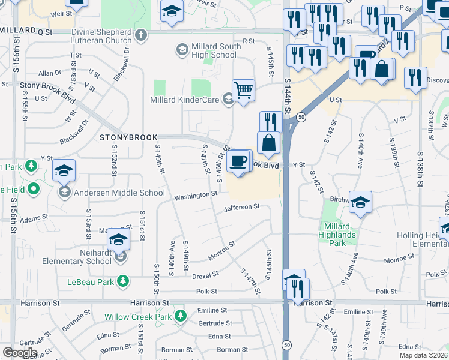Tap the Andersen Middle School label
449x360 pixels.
(119, 193)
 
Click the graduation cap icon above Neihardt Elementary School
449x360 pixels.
(119, 241)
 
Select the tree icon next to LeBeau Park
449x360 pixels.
(122, 281)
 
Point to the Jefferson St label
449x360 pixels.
(241, 208)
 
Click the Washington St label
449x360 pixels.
(196, 195)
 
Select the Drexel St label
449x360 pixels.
(205, 276)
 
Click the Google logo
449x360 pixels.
(20, 352)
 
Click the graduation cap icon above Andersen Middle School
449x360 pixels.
(64, 170)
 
